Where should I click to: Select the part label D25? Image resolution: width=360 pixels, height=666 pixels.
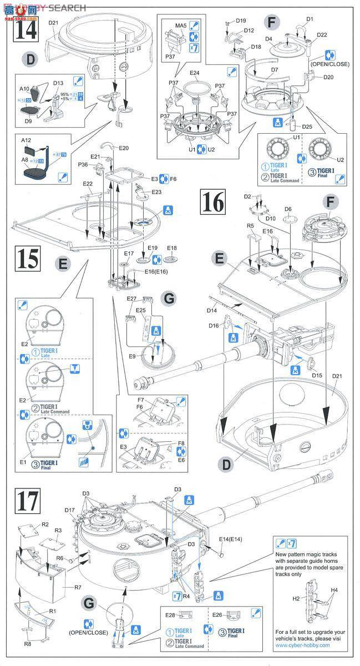(307, 127)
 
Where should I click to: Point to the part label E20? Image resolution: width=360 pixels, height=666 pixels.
(123, 148)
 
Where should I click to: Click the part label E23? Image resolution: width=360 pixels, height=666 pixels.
(156, 192)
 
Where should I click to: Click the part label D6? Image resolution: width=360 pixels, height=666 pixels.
(287, 209)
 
